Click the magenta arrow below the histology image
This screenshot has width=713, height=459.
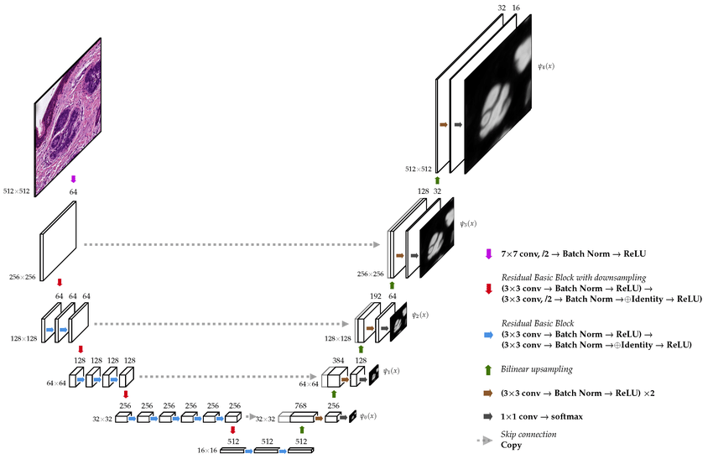coord(73,180)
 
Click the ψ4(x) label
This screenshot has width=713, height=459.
coord(546,66)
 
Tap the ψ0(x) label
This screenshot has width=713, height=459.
coord(368,415)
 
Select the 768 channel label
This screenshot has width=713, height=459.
coord(300,405)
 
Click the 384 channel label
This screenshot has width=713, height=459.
coord(338,360)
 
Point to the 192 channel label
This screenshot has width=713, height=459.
coord(376,296)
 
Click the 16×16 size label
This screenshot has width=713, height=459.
coord(207,451)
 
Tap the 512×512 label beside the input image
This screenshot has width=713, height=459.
coord(17,191)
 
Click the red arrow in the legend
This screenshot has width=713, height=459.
coord(489,289)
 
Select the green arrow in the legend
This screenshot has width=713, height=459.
coord(488,369)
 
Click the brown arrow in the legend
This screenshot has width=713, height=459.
coord(488,393)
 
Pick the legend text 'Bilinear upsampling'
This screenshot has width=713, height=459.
coord(537,369)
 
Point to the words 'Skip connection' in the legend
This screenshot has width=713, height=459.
coord(528,435)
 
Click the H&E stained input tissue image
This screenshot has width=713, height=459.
coord(68,117)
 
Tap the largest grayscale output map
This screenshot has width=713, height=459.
coord(498,94)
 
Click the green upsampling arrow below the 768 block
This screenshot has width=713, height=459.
coord(301,430)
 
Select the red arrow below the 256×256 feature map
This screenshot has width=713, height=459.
coord(59,283)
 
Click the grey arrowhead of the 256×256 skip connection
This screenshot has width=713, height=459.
coord(377,245)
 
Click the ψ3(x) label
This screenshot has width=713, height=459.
coord(468,224)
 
